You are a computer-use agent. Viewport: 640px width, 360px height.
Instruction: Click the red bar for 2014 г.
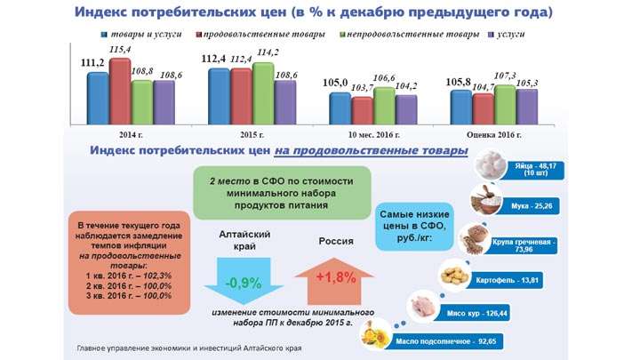(120, 92)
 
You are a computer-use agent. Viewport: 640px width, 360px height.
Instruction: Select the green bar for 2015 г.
(263, 94)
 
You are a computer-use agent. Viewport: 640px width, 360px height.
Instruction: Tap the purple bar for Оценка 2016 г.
(527, 107)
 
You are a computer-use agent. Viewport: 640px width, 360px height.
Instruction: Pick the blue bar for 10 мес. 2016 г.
(340, 108)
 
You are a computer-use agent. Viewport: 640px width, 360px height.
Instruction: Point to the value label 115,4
(120, 50)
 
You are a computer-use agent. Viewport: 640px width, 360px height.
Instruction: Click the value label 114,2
(268, 52)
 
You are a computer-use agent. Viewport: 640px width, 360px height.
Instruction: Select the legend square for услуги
(492, 35)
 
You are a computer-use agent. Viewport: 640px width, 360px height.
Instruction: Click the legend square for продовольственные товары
(199, 35)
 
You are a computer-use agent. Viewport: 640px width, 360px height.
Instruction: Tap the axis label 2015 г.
(252, 135)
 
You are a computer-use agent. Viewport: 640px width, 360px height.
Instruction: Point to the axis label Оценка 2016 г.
(494, 135)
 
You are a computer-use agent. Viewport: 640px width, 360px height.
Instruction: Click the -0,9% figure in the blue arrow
(244, 283)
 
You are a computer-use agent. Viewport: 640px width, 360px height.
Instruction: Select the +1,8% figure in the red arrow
(336, 277)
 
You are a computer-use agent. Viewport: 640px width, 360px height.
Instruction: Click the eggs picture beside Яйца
(491, 164)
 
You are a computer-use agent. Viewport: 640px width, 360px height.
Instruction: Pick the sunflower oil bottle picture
(376, 334)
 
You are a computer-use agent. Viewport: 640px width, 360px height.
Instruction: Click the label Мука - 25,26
(532, 206)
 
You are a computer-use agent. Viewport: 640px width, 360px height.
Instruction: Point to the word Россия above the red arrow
(336, 241)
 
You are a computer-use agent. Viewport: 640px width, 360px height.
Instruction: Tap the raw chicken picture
(423, 305)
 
